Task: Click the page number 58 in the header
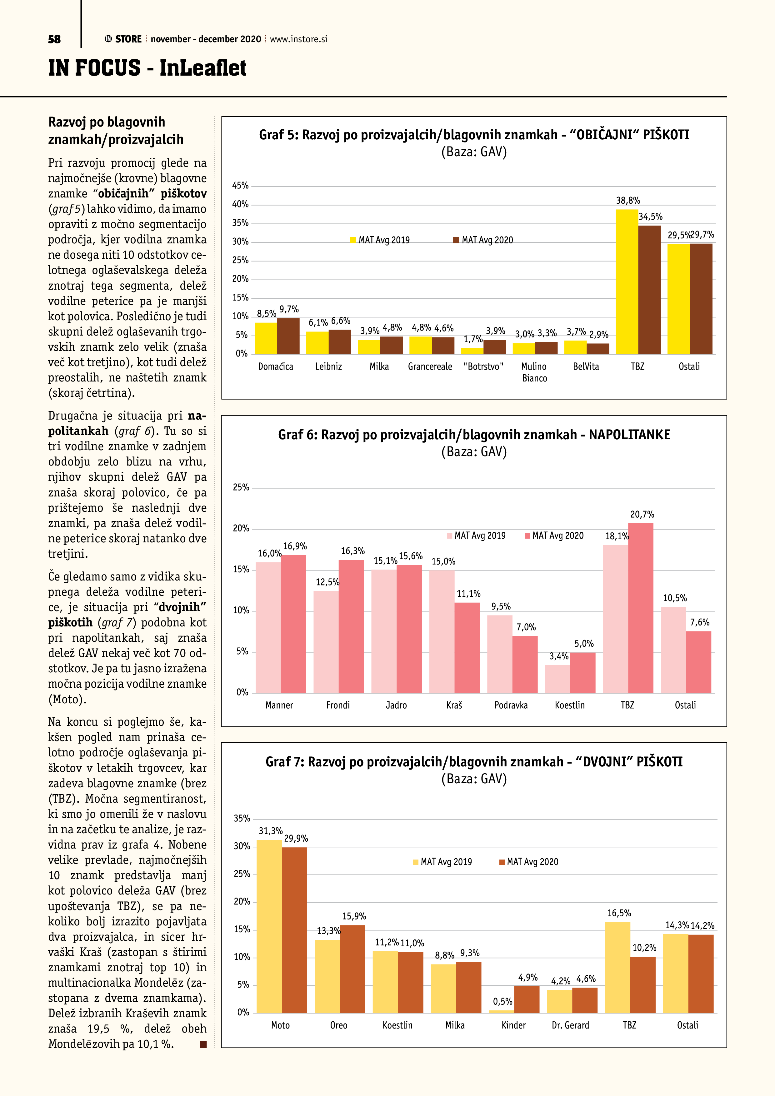click(x=54, y=39)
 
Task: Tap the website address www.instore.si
click(x=298, y=39)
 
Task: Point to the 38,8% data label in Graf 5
click(x=627, y=201)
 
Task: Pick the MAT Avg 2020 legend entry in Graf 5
click(x=483, y=240)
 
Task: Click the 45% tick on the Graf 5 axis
click(x=240, y=186)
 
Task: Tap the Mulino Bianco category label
click(x=534, y=372)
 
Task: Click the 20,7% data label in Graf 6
click(x=642, y=515)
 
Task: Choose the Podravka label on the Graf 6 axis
click(x=511, y=705)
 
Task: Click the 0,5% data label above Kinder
click(x=502, y=1001)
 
